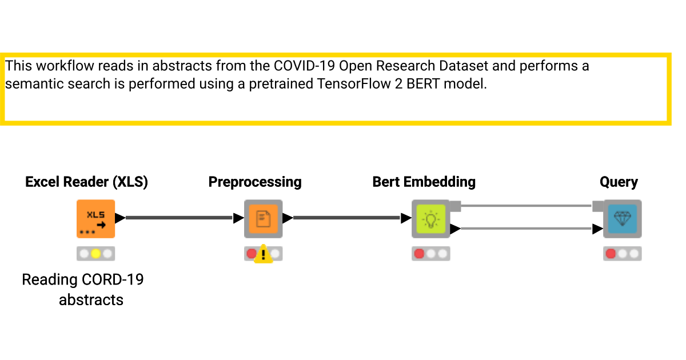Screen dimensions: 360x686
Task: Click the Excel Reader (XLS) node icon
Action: pos(95,218)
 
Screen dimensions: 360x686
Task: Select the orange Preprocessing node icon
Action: pos(263,218)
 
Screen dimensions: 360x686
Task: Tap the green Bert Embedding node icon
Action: pos(430,218)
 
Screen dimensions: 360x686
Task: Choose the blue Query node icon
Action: pos(622,218)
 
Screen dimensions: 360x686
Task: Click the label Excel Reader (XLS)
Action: pos(87,182)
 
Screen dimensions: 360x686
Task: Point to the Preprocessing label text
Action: pos(255,182)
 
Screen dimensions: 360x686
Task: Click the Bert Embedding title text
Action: pos(424,182)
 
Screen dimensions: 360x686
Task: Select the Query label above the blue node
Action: pos(619,182)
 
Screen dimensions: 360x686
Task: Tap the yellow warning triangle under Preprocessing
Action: pos(263,254)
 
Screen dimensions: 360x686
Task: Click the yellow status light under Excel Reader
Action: pos(95,253)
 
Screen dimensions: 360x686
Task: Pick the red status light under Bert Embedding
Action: pos(419,253)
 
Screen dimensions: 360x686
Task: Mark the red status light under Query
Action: pos(611,253)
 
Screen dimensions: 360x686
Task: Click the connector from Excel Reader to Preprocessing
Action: pos(178,218)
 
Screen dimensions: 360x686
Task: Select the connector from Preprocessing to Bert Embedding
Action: pos(346,218)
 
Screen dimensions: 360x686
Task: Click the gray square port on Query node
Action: pos(598,206)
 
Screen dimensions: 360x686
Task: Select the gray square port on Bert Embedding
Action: pos(455,206)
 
